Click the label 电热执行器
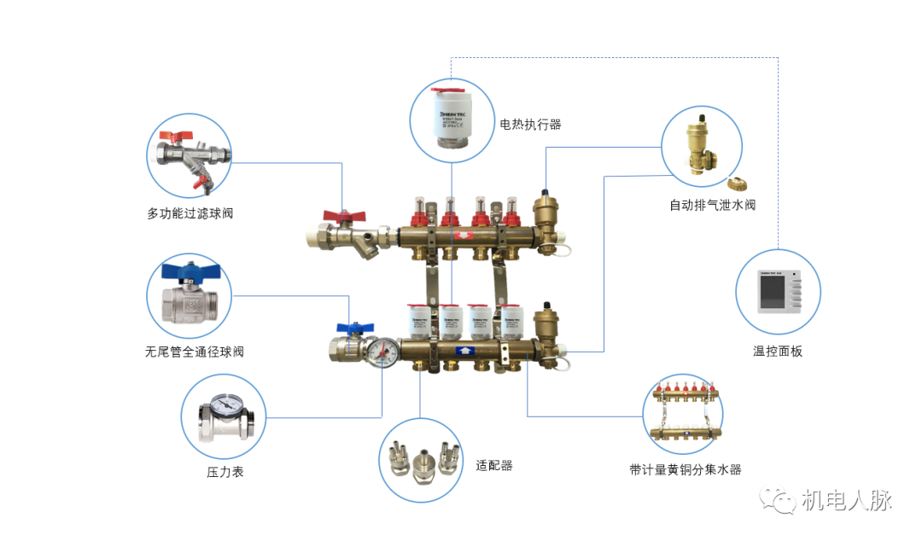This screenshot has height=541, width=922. (x=530, y=125)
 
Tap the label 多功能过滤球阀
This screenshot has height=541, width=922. (x=190, y=213)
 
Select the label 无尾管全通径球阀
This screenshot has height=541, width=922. (x=195, y=352)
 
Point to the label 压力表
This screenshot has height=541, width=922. (x=225, y=471)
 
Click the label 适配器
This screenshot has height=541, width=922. (x=494, y=466)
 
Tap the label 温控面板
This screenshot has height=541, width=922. (x=778, y=352)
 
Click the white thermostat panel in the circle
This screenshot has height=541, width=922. (x=779, y=294)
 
